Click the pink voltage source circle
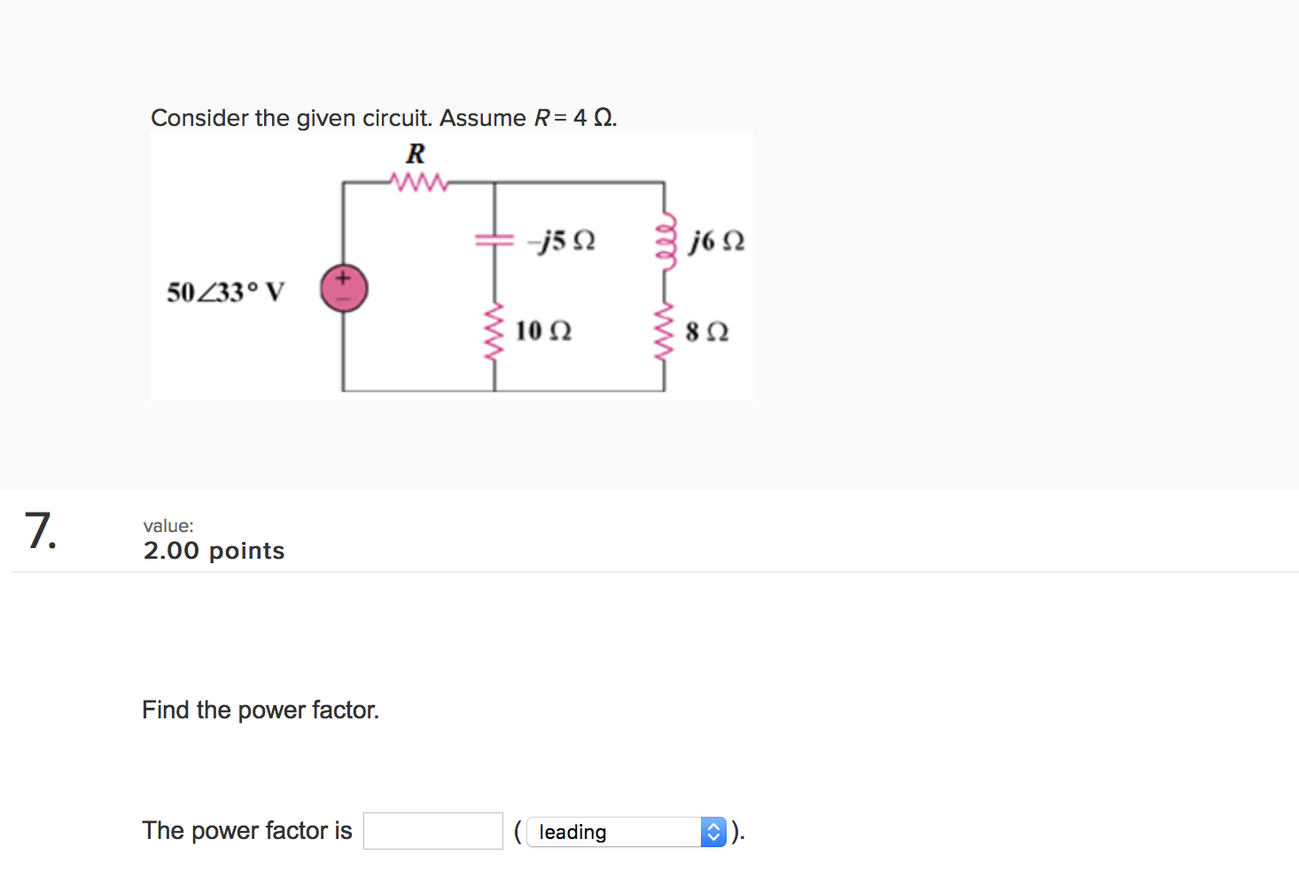pos(344,289)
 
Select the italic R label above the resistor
pos(415,154)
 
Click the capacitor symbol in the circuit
pos(494,239)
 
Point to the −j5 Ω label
pos(561,241)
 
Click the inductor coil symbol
pos(665,239)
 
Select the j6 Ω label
pos(717,241)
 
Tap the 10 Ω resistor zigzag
pos(494,330)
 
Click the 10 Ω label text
pos(543,332)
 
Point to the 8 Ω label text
pos(706,333)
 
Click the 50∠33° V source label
pos(225,292)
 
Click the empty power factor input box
pos(432,831)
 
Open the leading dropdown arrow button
pos(713,832)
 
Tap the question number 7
pos(40,531)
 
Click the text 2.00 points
pos(214,551)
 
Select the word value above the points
pos(167,526)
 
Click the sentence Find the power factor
pos(261,709)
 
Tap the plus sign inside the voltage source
pos(344,278)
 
